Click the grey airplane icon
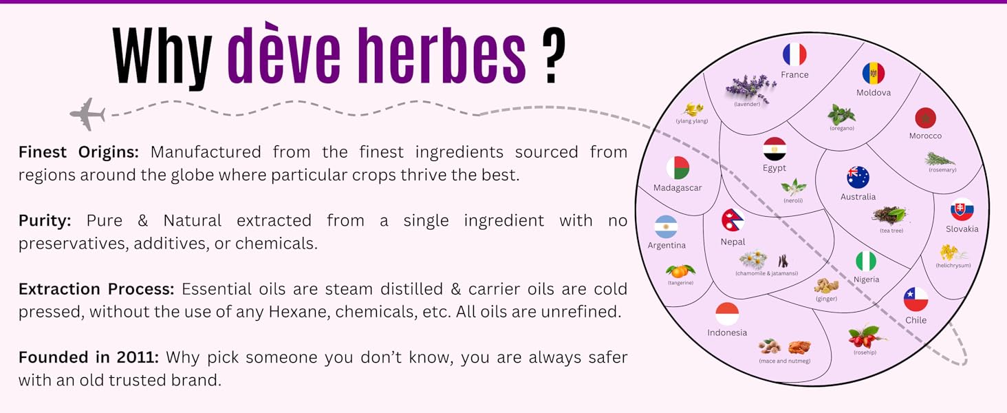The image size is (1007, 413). (88, 114)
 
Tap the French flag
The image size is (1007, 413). (794, 54)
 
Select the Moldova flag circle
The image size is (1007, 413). (874, 74)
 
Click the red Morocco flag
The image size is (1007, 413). (925, 118)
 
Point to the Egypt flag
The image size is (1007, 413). (775, 149)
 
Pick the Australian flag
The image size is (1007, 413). (858, 178)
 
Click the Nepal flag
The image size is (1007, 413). (733, 220)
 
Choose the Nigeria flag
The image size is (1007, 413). (866, 262)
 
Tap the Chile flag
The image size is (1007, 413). (916, 299)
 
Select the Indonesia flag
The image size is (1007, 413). (727, 314)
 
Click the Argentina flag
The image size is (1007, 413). (666, 226)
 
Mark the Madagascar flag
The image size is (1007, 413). (678, 168)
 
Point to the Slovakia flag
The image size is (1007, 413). (962, 210)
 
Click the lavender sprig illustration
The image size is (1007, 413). (750, 87)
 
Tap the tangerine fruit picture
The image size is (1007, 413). (680, 271)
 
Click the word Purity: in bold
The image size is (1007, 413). (45, 221)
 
